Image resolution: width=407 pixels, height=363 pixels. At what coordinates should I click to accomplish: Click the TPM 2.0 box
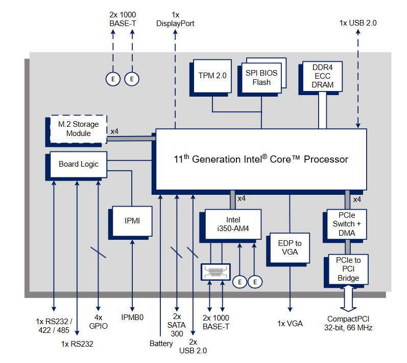212,76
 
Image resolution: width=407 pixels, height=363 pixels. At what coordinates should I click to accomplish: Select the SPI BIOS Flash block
261,77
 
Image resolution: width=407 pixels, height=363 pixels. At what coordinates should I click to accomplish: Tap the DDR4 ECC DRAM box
322,76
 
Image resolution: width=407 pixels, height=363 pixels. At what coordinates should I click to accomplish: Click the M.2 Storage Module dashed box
78,129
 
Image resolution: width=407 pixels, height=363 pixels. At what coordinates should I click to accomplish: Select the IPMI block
132,221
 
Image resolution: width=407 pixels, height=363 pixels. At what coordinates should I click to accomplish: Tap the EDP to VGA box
290,247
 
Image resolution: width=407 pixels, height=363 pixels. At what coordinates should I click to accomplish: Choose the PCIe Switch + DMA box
347,224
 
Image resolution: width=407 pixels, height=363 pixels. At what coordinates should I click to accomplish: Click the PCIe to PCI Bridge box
348,269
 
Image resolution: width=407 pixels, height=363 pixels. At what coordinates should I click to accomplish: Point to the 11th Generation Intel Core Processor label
261,159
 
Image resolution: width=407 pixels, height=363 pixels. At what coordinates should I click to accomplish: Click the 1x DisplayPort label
175,19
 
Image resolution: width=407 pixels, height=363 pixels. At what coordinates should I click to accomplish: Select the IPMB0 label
132,317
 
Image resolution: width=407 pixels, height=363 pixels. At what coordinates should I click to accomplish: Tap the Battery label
161,344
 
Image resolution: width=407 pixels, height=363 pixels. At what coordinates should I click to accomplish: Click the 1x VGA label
290,324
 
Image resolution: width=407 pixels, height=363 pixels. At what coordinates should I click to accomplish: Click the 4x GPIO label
98,321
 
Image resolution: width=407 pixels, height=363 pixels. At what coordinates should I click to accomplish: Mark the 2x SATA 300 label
177,325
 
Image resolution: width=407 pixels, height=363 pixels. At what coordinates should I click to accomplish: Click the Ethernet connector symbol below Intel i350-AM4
216,271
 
